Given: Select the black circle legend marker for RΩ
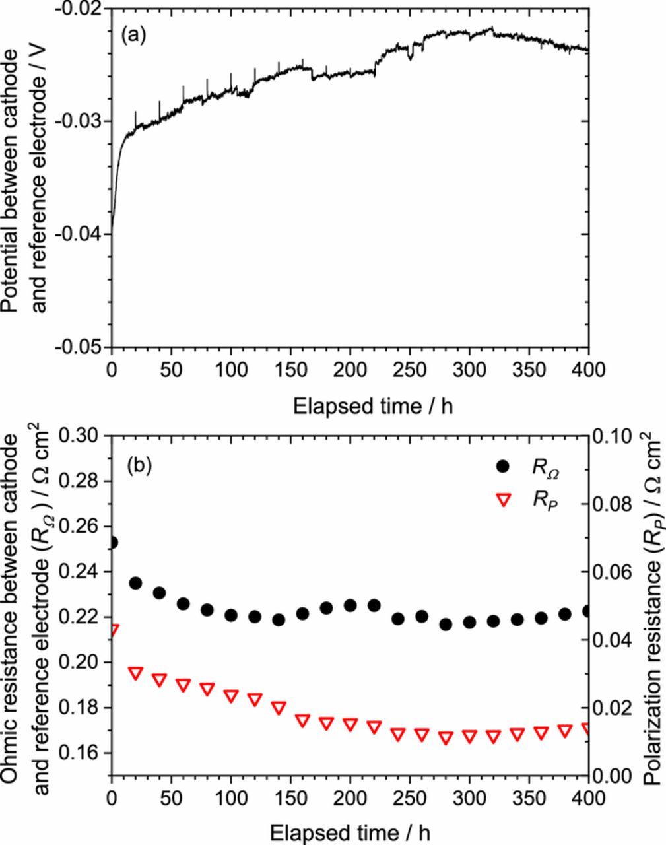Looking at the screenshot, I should (x=503, y=466).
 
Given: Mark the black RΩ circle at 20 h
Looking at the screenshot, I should (x=136, y=583).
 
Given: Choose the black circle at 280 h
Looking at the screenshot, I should (x=446, y=624).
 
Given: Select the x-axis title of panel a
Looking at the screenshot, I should (x=373, y=405).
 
